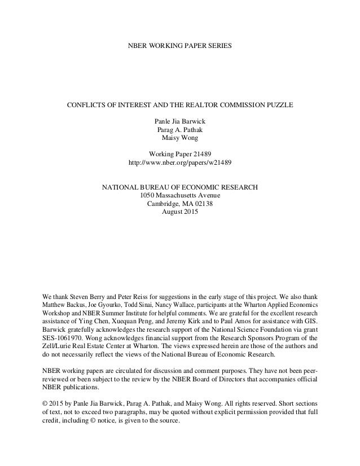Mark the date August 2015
(x=179, y=212)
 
